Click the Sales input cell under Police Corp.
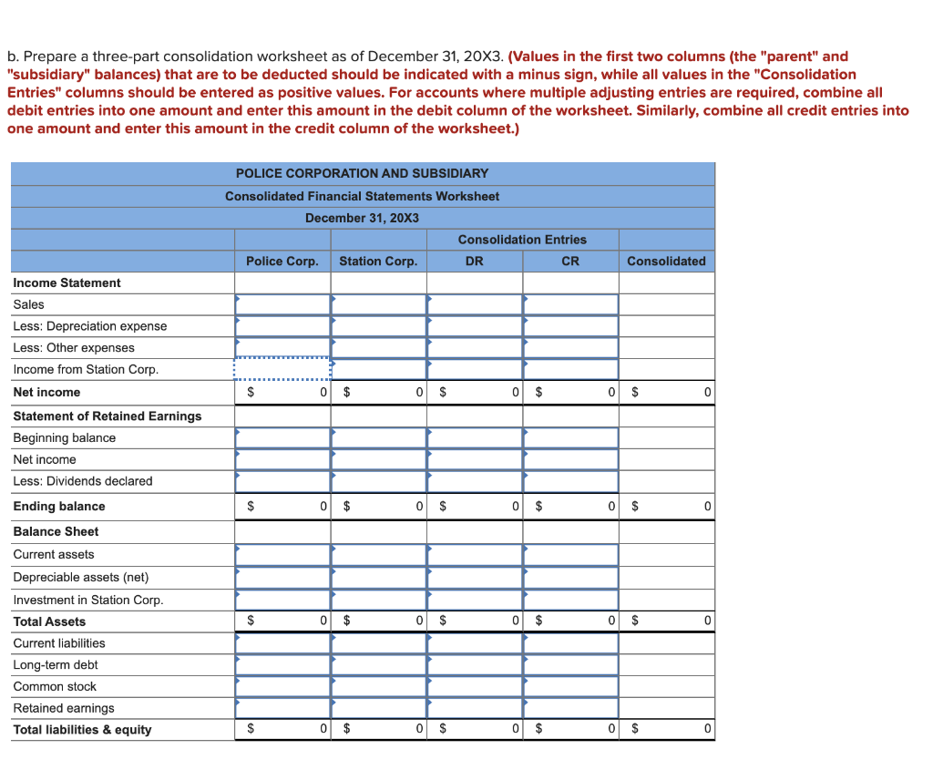(x=282, y=304)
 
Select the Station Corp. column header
(x=378, y=262)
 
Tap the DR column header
(x=475, y=262)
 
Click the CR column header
(x=570, y=262)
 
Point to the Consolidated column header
(x=666, y=262)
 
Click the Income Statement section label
(x=67, y=283)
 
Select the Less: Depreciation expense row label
(x=90, y=326)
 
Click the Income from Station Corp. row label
(x=86, y=369)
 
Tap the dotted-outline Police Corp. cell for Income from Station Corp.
(x=282, y=369)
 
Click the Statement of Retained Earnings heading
(x=108, y=416)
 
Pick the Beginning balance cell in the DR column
(x=475, y=438)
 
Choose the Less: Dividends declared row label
(x=83, y=481)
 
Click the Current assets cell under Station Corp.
(x=378, y=554)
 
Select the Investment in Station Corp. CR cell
(x=570, y=600)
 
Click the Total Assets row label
(x=49, y=621)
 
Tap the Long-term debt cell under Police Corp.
(x=282, y=665)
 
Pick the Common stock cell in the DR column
(x=475, y=687)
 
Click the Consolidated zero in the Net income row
(x=706, y=393)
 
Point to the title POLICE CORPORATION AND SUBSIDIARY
(x=362, y=173)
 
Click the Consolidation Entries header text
(x=522, y=240)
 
